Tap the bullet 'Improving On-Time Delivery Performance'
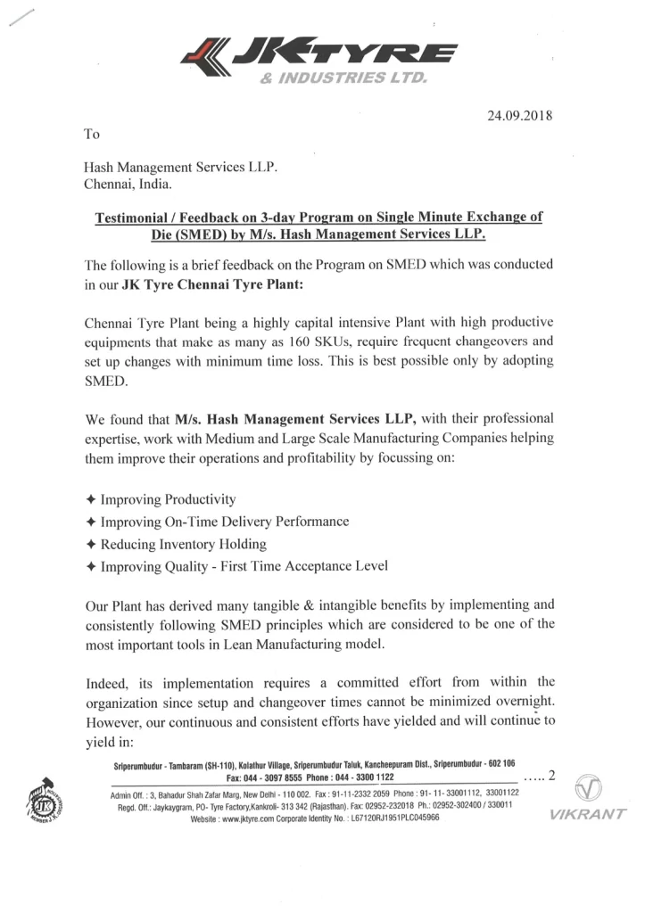224,521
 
